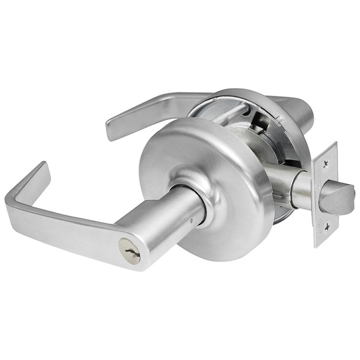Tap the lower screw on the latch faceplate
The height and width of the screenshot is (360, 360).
pyautogui.click(x=322, y=228)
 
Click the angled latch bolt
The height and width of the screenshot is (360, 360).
pyautogui.click(x=340, y=198)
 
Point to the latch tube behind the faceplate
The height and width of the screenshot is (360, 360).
pyautogui.click(x=299, y=189)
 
